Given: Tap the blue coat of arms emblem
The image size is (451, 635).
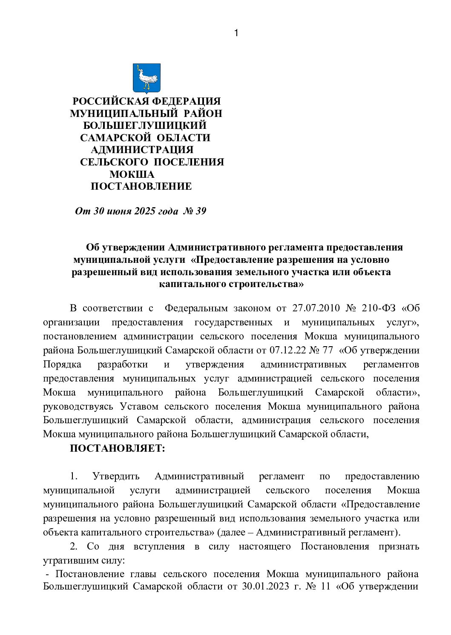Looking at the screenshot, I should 147,78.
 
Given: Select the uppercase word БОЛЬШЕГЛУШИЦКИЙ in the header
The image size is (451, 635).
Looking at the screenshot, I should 145,126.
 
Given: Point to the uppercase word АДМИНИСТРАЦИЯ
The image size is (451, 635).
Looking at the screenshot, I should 142,150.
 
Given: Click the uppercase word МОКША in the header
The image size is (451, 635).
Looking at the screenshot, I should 132,174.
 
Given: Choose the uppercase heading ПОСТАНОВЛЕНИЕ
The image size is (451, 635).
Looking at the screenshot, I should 141,186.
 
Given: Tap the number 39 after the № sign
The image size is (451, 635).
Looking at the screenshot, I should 201,211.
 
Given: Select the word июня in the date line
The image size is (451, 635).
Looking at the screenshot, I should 118,211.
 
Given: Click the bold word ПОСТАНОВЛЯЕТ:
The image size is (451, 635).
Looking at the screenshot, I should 117,448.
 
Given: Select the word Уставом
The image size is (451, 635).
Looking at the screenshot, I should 139,407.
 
